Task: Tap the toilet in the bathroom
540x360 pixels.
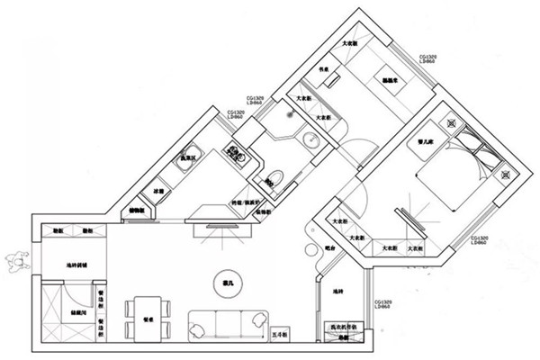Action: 276,178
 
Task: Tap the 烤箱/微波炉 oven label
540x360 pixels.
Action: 245,202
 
